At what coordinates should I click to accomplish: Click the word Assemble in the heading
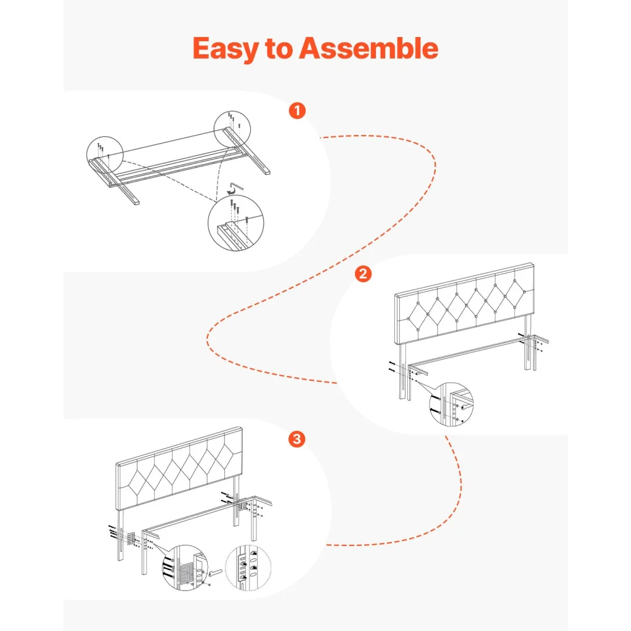coord(368,48)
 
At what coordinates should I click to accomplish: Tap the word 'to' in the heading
coord(279,49)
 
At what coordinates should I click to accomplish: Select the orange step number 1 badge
coord(298,110)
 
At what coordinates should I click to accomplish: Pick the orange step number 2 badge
coord(363,274)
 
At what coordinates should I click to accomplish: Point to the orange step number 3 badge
coord(297,439)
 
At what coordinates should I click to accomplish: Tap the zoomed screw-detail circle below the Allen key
coord(236,223)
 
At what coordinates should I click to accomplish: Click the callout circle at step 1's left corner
coord(105,155)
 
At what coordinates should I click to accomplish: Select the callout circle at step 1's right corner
coord(232,129)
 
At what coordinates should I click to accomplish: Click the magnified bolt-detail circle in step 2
coord(452,404)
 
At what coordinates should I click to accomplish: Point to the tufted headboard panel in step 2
coord(465,303)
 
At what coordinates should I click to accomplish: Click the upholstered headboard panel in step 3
coord(179,468)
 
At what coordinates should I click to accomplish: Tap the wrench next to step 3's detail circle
coord(214,572)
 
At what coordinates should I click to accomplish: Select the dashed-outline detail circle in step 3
coord(248,568)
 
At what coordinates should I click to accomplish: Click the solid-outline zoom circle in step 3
coord(185,568)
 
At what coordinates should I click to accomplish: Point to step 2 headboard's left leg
coord(402,371)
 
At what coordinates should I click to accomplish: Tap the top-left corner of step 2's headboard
coord(395,295)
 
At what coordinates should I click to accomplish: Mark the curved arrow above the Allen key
coord(230,189)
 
